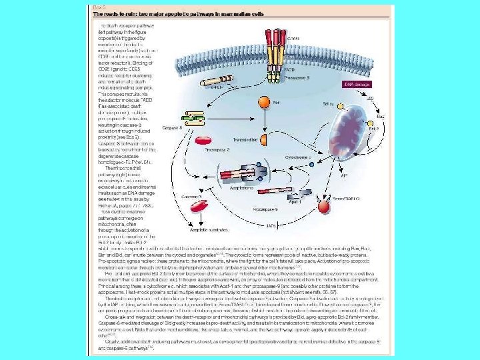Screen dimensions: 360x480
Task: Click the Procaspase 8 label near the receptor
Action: point(299,78)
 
